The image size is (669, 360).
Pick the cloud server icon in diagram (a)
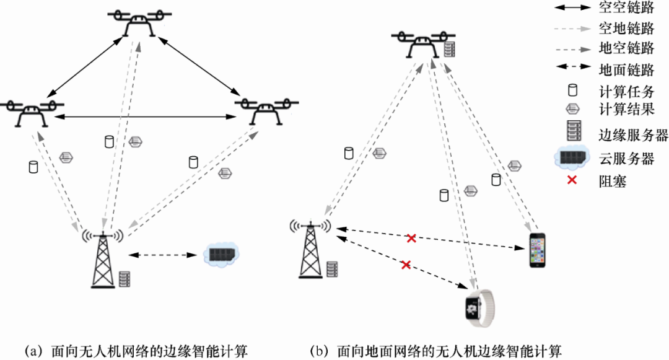pyautogui.click(x=222, y=255)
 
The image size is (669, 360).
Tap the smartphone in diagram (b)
pyautogui.click(x=538, y=250)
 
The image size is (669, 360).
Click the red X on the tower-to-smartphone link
pyautogui.click(x=411, y=239)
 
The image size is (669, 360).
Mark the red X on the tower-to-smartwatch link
pyautogui.click(x=406, y=265)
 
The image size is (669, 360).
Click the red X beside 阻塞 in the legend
pyautogui.click(x=572, y=180)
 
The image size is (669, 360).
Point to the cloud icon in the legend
pyautogui.click(x=572, y=158)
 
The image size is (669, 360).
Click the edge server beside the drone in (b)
pyautogui.click(x=450, y=47)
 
